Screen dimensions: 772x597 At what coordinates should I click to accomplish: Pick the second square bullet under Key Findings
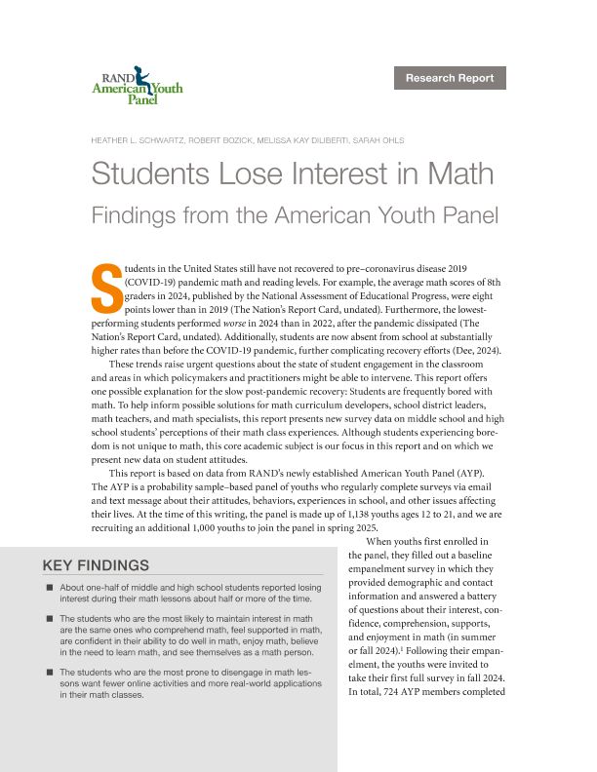(x=49, y=619)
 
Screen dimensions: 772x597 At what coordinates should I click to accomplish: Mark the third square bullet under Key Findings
(x=49, y=673)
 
